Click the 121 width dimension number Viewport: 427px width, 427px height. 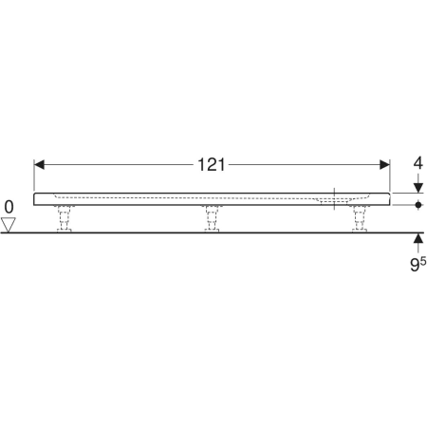click(x=212, y=165)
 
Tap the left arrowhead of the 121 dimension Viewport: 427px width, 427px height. click(x=39, y=164)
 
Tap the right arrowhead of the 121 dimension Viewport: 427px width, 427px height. click(x=384, y=164)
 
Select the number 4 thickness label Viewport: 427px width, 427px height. click(x=418, y=163)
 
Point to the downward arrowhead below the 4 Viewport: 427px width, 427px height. click(x=418, y=188)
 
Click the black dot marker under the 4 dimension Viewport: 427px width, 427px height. click(x=418, y=205)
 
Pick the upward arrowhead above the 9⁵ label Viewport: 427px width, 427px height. click(x=418, y=238)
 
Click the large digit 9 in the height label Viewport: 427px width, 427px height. click(x=415, y=265)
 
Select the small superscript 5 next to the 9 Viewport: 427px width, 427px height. click(x=423, y=261)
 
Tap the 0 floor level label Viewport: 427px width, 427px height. click(x=9, y=208)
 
